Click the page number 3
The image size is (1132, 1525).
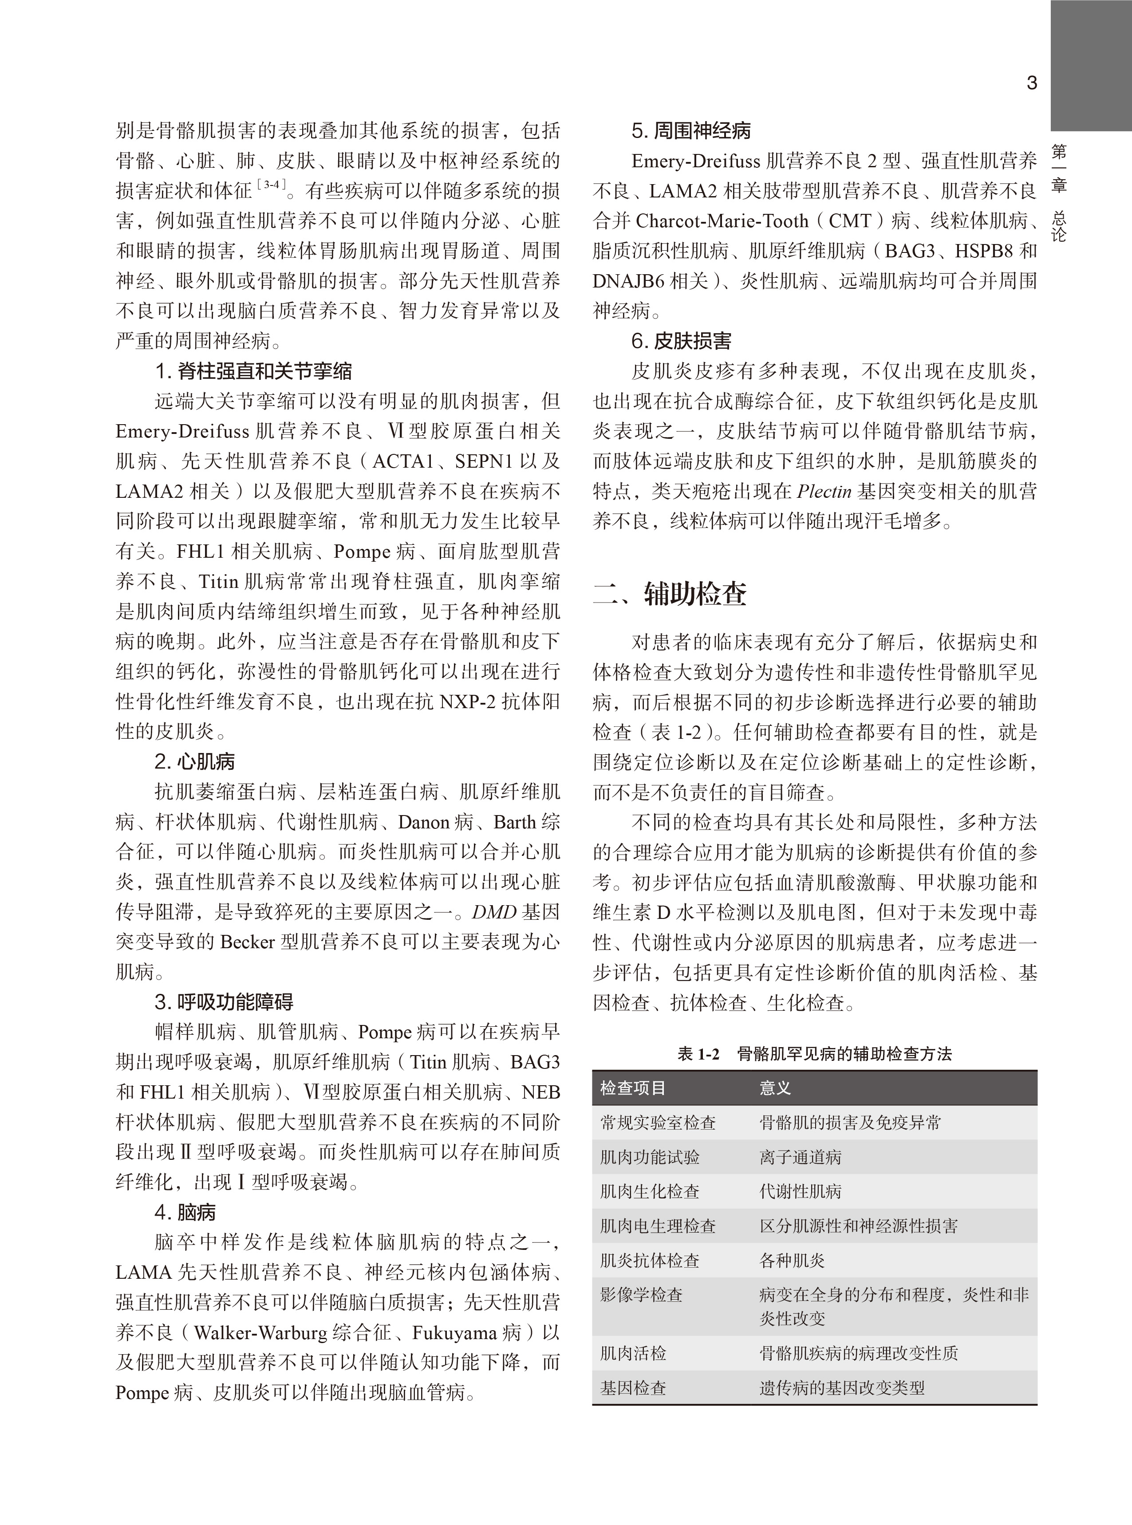pos(1031,83)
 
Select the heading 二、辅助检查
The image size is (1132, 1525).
pos(670,593)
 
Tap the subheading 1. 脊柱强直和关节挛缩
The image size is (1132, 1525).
pos(253,371)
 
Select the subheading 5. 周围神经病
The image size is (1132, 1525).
pos(691,131)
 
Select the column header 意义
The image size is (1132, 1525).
pos(775,1088)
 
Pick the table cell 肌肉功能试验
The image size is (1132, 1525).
pos(650,1157)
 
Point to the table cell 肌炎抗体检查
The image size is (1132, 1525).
pos(650,1261)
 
